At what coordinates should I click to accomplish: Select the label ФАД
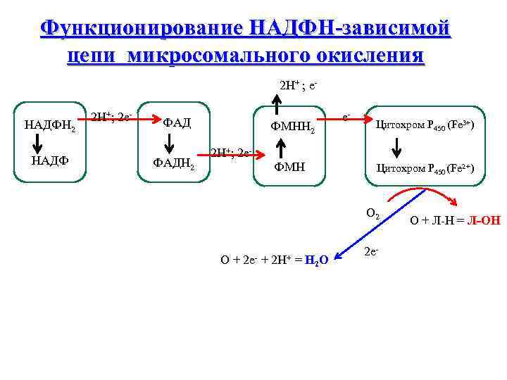coord(177,123)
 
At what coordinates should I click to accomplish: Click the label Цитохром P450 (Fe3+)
coord(425,125)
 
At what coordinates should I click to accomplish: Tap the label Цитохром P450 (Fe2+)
coord(425,168)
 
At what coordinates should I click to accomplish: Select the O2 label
coord(373,213)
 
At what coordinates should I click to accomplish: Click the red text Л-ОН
coord(484,220)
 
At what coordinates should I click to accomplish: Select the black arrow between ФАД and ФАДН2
coord(170,144)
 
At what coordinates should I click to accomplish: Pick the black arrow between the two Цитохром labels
coord(396,148)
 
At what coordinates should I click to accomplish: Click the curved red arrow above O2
coord(401,196)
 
